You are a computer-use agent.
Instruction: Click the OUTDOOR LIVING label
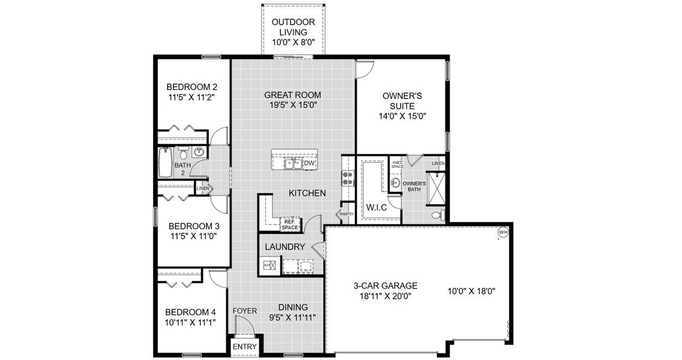(293, 27)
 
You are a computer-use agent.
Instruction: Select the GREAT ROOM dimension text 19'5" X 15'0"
(294, 105)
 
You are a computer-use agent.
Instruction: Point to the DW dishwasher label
(309, 163)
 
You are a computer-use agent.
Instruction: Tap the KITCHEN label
(307, 193)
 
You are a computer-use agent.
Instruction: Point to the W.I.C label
(377, 208)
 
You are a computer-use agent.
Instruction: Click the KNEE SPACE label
(397, 163)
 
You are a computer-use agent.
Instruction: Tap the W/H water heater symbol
(503, 232)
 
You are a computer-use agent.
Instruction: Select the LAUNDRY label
(286, 247)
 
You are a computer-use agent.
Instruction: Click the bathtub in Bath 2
(163, 164)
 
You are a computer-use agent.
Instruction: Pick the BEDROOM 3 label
(193, 226)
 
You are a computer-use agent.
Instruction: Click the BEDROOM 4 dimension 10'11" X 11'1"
(191, 322)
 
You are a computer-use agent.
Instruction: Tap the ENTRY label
(244, 347)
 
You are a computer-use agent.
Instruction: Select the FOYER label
(245, 311)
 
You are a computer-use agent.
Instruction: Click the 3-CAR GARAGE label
(385, 286)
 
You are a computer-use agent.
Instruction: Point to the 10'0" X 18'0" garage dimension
(475, 292)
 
